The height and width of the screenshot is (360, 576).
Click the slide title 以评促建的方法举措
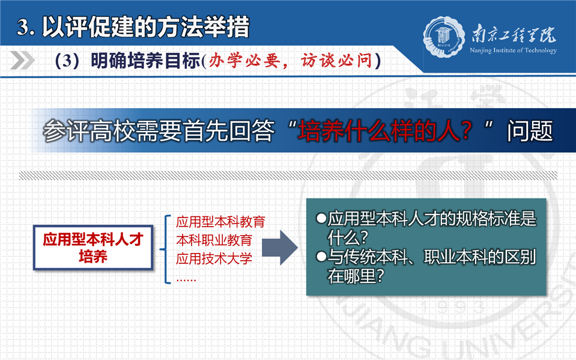pos(145,27)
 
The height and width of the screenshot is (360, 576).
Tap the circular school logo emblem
pos(443,37)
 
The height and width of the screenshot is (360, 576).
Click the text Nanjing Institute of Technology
pos(513,50)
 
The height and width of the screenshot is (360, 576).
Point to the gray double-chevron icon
pos(22,60)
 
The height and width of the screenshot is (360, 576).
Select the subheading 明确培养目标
pos(145,61)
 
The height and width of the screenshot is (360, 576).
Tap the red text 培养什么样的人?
pos(384,131)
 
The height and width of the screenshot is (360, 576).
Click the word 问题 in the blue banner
pos(530,131)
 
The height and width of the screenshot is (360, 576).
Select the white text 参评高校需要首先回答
pos(159,131)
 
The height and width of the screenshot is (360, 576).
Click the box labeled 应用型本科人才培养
pos(93,248)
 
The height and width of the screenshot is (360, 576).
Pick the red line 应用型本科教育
pos(220,222)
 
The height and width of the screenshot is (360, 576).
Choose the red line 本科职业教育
pos(214,240)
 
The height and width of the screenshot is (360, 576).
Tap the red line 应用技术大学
pos(214,258)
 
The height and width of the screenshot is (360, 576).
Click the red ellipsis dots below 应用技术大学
pos(186,280)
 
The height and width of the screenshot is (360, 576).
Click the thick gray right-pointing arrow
pos(279,248)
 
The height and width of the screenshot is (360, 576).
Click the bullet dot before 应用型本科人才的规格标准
pos(321,218)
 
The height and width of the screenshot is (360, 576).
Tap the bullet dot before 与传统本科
pos(321,257)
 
